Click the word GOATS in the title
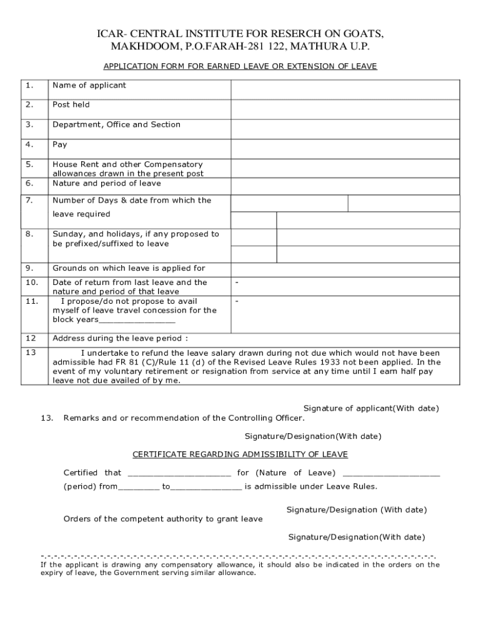(359, 34)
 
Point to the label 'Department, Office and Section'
(116, 124)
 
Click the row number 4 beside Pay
(29, 144)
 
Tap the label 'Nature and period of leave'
(106, 183)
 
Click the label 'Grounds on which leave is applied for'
(129, 268)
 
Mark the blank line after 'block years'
(137, 320)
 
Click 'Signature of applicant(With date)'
(371, 408)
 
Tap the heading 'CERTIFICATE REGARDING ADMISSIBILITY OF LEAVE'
(240, 454)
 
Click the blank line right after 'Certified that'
(179, 473)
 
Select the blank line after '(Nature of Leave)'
(391, 473)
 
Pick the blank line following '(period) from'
(138, 487)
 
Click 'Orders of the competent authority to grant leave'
(163, 519)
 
